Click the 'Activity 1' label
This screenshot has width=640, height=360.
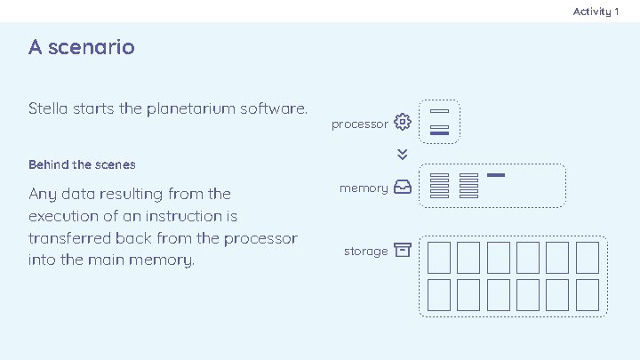pos(596,11)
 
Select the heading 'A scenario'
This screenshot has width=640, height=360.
pos(81,46)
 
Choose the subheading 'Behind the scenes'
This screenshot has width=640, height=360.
pos(82,164)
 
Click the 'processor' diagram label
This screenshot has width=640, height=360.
pos(359,124)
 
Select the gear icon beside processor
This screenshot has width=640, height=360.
pos(403,122)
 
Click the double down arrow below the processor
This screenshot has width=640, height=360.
pos(403,154)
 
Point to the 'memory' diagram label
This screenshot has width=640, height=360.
pos(364,188)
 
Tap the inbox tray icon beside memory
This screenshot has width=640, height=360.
pos(402,188)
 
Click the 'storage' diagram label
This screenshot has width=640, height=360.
pos(365,252)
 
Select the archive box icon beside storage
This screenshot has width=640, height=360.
pos(403,251)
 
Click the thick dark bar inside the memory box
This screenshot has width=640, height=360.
pos(496,175)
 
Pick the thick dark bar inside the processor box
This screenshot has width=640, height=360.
pos(439,133)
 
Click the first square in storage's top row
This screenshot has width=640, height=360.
pos(438,257)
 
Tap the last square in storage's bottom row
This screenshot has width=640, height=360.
pos(587,293)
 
